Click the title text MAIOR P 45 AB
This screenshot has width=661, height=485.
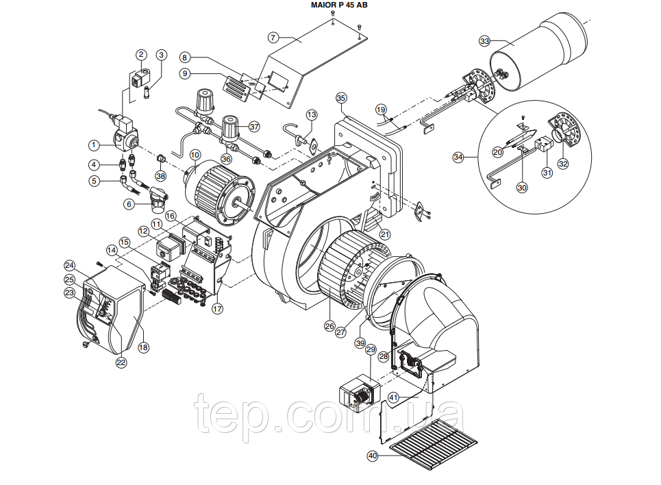[339, 5]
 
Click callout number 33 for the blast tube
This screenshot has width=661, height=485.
[484, 41]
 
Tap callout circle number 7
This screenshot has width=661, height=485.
[273, 38]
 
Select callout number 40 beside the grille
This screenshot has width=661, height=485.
[372, 456]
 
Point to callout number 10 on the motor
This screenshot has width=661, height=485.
[195, 155]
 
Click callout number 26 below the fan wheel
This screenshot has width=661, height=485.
[329, 325]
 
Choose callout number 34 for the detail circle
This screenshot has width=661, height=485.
[458, 158]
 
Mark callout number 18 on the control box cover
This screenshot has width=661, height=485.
[143, 347]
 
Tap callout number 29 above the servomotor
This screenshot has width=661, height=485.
[371, 349]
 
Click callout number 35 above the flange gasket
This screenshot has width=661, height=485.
[341, 98]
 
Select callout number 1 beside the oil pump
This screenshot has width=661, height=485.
[94, 145]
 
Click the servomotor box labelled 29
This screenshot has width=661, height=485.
[358, 393]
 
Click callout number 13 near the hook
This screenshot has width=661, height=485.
[311, 114]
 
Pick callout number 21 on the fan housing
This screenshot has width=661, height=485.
[384, 234]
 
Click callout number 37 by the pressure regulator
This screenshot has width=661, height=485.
[253, 127]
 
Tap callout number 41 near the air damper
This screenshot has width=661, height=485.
[393, 397]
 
